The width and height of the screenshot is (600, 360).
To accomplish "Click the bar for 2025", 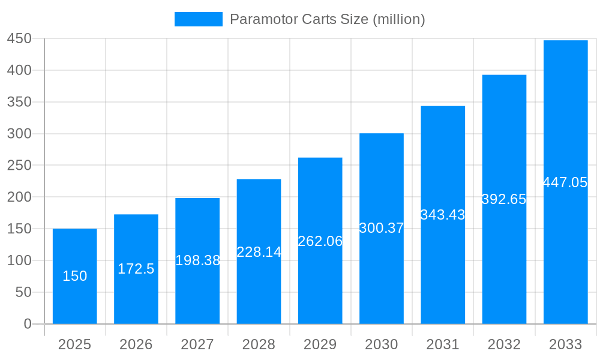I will [74, 252].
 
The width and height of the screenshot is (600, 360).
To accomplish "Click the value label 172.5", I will [136, 269].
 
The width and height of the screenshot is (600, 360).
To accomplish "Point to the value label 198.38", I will [197, 260].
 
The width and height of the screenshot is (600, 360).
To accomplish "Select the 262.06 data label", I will [320, 241].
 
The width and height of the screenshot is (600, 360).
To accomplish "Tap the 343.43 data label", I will [443, 215].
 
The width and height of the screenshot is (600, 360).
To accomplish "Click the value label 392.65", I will [504, 199].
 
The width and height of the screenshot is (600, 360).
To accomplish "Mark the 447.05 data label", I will [565, 182].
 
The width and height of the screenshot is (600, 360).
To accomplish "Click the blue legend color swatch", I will [198, 19].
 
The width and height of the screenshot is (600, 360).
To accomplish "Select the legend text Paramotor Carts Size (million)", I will [328, 19].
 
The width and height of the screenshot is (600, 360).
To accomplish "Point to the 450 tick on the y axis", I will [19, 38].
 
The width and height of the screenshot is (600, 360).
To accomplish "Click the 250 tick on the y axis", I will [19, 166].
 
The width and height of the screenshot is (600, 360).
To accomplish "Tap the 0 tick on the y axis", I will [27, 324].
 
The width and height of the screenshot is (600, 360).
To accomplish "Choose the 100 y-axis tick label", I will [19, 260].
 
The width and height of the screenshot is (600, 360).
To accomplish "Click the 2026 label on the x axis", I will [136, 344].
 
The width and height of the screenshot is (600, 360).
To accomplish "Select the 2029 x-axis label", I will [320, 344].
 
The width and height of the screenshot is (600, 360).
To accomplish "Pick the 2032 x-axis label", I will [504, 344].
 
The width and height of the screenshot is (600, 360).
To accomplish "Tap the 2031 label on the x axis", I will [443, 344].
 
